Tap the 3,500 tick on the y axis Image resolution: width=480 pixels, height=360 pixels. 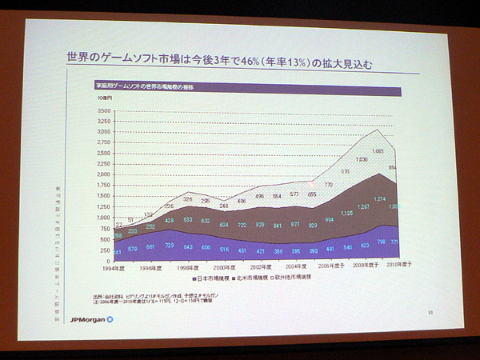point(102,111)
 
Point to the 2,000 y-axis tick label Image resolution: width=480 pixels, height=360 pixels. point(102,174)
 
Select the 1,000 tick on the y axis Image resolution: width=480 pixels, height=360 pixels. point(102,217)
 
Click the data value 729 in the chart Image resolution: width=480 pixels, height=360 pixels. point(168,245)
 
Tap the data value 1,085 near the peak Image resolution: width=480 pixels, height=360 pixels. point(378,150)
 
